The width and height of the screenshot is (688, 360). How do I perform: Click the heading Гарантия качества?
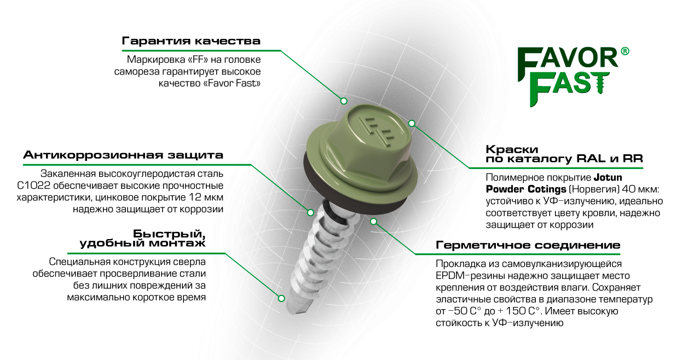pyautogui.click(x=191, y=41)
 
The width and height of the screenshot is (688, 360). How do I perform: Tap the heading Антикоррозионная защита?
pyautogui.click(x=123, y=155)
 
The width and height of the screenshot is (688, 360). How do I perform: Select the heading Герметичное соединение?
pyautogui.click(x=528, y=245)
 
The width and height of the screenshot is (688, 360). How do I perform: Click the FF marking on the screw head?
pyautogui.click(x=378, y=130)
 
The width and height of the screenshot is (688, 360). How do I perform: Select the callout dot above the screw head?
pyautogui.click(x=344, y=101)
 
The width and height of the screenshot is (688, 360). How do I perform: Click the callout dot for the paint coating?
pyautogui.click(x=412, y=124)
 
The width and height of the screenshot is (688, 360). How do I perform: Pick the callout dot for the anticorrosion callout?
pyautogui.click(x=310, y=212)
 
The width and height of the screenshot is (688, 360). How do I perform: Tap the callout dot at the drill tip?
pyautogui.click(x=281, y=298)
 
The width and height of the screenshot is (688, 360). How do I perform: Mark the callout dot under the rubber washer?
pyautogui.click(x=373, y=222)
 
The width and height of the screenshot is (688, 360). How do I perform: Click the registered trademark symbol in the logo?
pyautogui.click(x=625, y=51)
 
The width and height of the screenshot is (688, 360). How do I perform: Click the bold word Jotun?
pyautogui.click(x=608, y=177)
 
